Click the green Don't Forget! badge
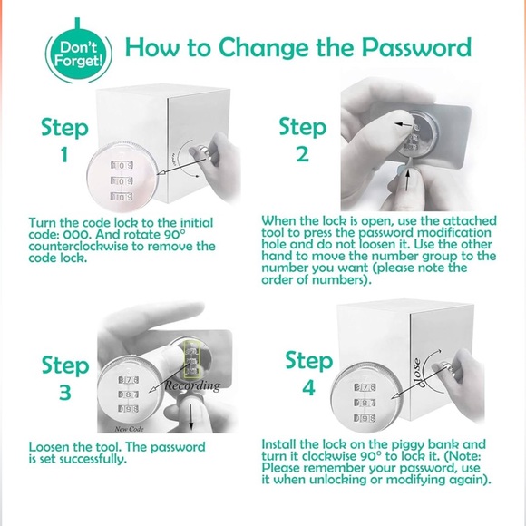[x=78, y=54]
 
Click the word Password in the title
[x=416, y=47]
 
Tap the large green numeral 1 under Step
[x=64, y=155]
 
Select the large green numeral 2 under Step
[x=302, y=154]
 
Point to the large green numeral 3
[x=65, y=392]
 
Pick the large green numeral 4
[x=309, y=387]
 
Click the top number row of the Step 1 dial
[x=122, y=165]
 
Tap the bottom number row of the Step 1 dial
[x=122, y=197]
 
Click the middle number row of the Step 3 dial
[x=128, y=394]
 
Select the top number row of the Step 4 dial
[x=365, y=387]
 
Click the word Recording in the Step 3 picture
[x=192, y=385]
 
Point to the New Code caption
[x=129, y=429]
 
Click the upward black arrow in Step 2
[x=407, y=180]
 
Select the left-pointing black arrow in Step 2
[x=404, y=125]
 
